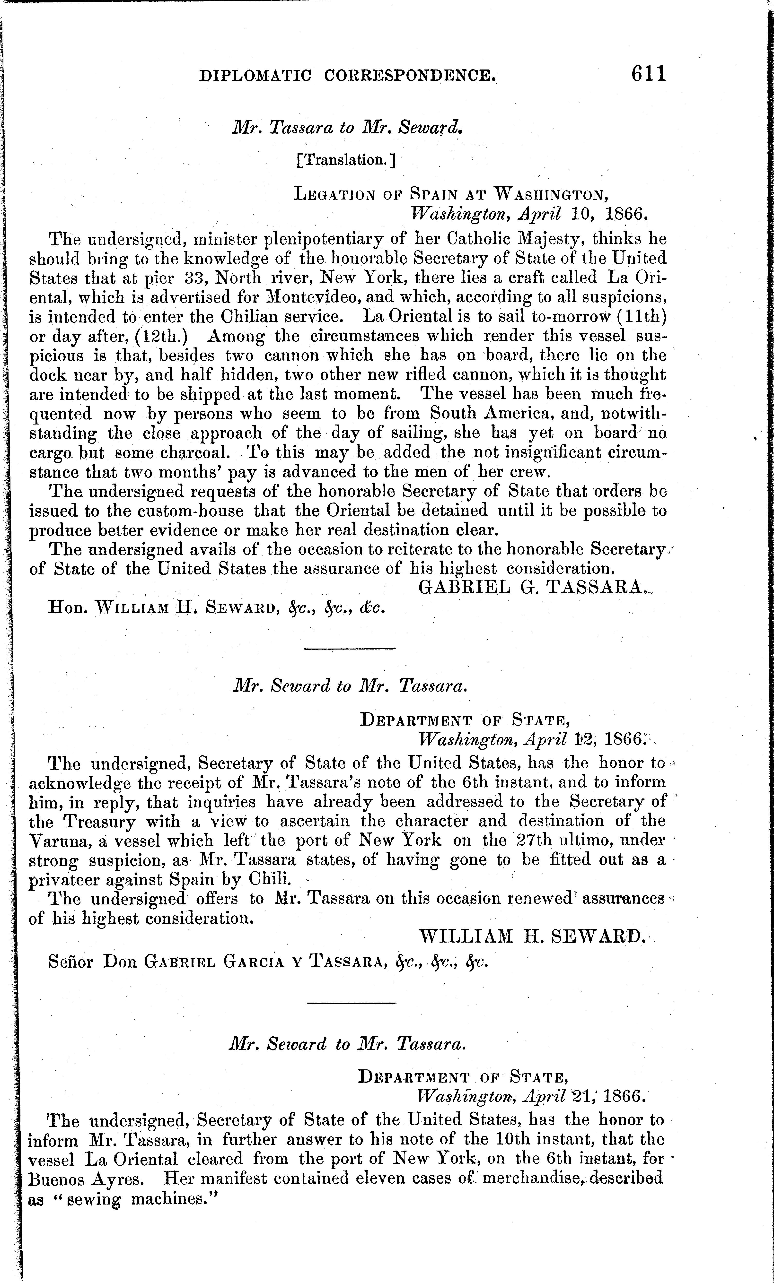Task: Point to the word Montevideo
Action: click(x=308, y=297)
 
